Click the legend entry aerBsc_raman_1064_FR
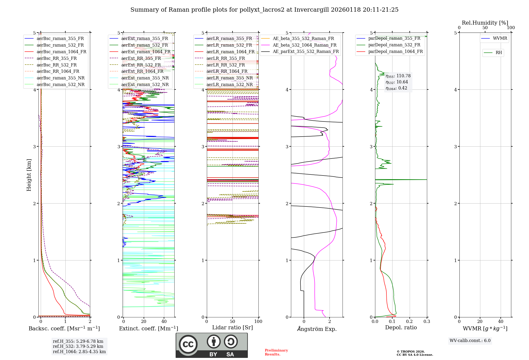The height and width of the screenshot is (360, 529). click(x=61, y=52)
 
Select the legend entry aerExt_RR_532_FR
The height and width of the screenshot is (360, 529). click(x=141, y=65)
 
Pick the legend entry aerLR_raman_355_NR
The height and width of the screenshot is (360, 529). click(x=229, y=78)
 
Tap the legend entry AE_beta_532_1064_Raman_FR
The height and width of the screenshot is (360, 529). click(x=304, y=45)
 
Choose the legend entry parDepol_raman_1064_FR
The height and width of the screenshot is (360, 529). click(x=395, y=51)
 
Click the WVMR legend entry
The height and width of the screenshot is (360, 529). click(x=500, y=38)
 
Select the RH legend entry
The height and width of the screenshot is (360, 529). click(x=499, y=53)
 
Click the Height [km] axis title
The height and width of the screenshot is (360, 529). click(x=29, y=175)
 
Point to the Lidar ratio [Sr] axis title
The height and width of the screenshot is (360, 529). click(x=232, y=327)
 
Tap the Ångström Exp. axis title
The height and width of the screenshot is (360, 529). click(x=317, y=329)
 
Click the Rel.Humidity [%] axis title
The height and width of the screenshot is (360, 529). click(x=485, y=23)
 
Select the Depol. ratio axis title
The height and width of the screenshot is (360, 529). click(x=401, y=327)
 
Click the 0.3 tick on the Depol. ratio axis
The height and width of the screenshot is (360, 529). click(x=427, y=322)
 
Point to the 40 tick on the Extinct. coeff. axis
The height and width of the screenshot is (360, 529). click(x=164, y=322)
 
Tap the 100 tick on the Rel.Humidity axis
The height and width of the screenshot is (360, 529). click(x=511, y=28)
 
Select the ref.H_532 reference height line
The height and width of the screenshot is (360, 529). click(x=78, y=346)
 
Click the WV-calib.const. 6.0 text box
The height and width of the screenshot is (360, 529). click(x=470, y=341)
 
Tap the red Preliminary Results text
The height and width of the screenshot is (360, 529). click(x=276, y=352)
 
